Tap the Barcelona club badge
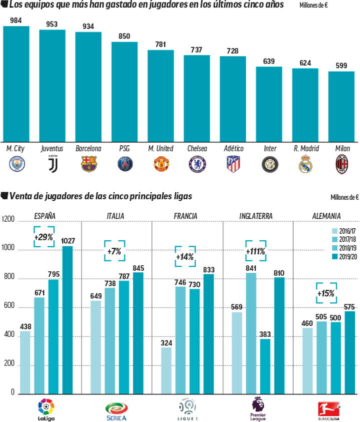point(88,164)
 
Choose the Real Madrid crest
point(305,164)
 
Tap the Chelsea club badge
point(197,164)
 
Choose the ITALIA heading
point(116,216)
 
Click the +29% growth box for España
point(44,237)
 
